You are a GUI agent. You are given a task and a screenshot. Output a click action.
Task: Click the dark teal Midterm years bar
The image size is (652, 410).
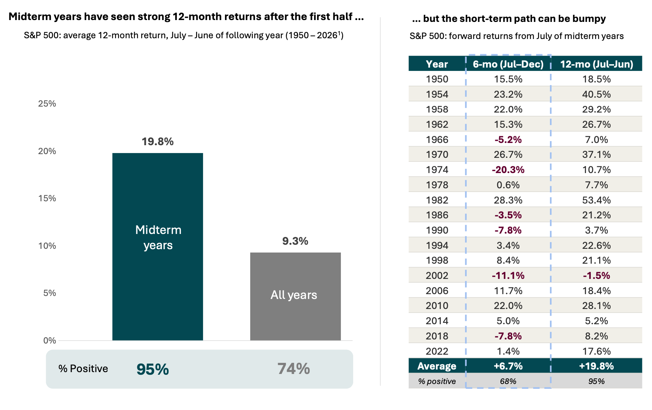(158, 247)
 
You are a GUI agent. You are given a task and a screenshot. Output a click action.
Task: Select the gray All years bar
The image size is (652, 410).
(296, 296)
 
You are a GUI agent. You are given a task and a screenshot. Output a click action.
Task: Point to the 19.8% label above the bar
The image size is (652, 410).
(158, 141)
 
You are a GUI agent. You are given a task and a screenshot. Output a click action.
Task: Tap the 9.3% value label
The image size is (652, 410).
(295, 241)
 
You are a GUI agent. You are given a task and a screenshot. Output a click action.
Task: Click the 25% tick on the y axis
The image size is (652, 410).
(47, 104)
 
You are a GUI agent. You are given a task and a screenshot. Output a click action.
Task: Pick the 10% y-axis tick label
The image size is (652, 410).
(47, 246)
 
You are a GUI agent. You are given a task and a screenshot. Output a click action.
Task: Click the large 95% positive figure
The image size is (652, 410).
(153, 369)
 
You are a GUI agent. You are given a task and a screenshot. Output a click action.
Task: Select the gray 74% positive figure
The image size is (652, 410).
(294, 369)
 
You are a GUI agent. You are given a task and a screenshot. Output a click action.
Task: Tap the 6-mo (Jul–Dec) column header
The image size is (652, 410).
(508, 64)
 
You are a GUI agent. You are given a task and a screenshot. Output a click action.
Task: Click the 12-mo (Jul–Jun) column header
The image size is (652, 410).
(597, 64)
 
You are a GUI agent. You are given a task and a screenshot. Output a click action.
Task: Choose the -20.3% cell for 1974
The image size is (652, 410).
(508, 170)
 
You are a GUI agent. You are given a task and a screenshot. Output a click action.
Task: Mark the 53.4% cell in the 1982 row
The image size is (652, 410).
(597, 200)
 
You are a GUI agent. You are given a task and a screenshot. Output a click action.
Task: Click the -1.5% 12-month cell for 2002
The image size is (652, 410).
(597, 276)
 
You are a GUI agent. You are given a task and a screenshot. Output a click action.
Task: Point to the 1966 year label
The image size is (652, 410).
(437, 140)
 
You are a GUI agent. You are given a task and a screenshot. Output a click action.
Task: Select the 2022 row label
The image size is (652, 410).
(437, 351)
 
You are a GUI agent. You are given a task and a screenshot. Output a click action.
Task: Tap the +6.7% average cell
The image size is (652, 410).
(508, 366)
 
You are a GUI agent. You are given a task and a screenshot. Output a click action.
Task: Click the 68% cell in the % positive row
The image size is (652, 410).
(508, 381)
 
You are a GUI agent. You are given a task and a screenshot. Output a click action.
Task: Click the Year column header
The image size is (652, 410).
(437, 64)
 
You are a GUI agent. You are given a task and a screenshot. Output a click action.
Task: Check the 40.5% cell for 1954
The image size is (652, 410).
(597, 94)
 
